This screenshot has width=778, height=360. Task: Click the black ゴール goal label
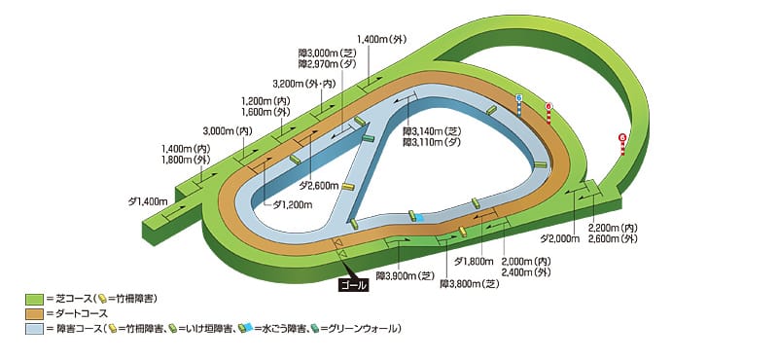click(352, 285)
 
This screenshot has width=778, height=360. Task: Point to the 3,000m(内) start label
click(228, 129)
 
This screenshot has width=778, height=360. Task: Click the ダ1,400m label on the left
click(149, 200)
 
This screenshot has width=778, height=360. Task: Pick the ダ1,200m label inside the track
click(292, 204)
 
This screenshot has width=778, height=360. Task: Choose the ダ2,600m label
click(318, 185)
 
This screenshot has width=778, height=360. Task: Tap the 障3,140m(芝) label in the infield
click(432, 131)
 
